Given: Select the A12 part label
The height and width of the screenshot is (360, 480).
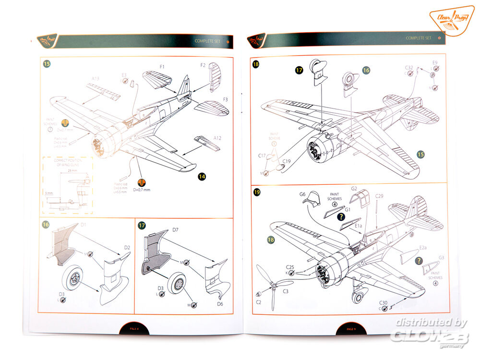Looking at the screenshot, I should pyautogui.click(x=217, y=138).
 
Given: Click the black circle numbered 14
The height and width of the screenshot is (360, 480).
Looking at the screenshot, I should pyautogui.click(x=202, y=177).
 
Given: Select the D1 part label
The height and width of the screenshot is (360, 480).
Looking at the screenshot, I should pyautogui.click(x=83, y=224).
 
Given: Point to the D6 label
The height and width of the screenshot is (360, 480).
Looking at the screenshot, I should pyautogui.click(x=220, y=303).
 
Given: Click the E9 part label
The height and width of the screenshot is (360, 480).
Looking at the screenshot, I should pyautogui.click(x=434, y=63).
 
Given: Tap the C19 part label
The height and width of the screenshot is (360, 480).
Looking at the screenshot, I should pyautogui.click(x=287, y=161).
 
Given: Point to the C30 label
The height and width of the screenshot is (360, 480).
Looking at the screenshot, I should pyautogui.click(x=383, y=302).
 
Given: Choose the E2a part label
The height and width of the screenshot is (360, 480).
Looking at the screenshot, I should pyautogui.click(x=423, y=248).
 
